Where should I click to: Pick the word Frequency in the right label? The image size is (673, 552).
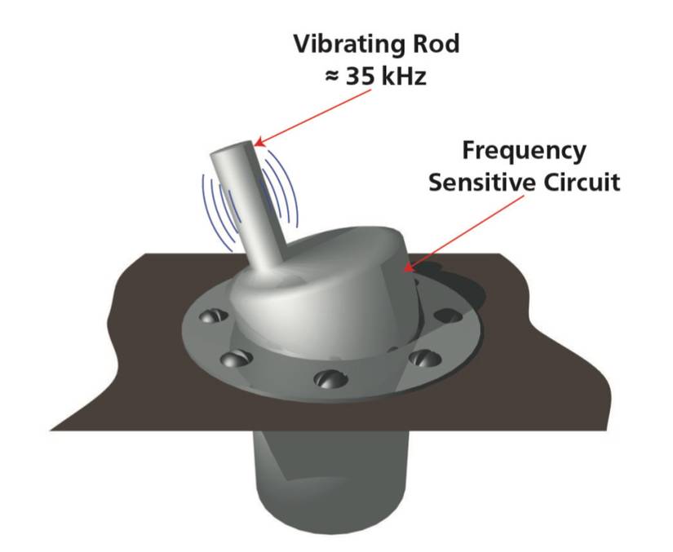(x=524, y=151)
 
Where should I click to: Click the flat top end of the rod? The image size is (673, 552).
(x=232, y=152)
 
